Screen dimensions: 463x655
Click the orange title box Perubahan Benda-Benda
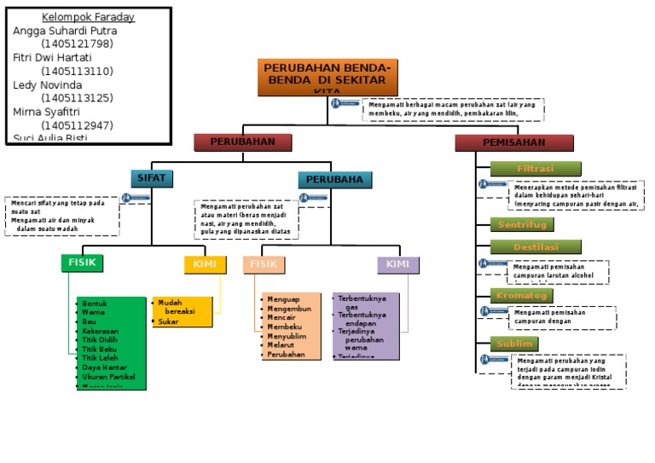[x=328, y=78]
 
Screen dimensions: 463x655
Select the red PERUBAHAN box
[x=243, y=142]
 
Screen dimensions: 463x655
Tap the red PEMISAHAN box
[x=513, y=142]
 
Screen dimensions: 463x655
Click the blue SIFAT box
[x=151, y=178]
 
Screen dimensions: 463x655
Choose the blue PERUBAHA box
[x=334, y=180]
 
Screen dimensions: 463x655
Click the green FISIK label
[x=82, y=263]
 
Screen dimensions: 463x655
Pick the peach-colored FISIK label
[x=264, y=264]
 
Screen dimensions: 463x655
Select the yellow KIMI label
[x=205, y=264]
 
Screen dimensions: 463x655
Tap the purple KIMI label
[x=397, y=264]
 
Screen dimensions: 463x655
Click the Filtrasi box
[x=536, y=169]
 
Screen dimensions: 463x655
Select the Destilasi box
[x=536, y=246]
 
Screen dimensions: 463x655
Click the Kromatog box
[x=521, y=295]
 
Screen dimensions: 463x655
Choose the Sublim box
[x=516, y=344]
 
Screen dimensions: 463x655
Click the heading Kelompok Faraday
[x=88, y=17]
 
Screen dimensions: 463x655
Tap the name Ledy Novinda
[x=48, y=85]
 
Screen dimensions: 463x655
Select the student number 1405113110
[x=77, y=72]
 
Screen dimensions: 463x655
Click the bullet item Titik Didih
[x=100, y=339]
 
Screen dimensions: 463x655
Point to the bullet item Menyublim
[x=287, y=336]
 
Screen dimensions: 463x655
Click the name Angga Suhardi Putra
[x=64, y=31]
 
